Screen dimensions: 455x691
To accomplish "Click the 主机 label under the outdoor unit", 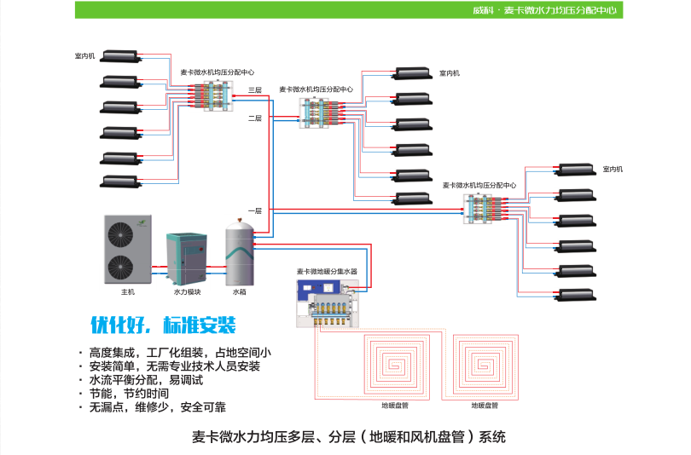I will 127,292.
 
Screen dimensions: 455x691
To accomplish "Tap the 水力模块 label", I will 187,292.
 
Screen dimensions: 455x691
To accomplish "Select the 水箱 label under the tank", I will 239,292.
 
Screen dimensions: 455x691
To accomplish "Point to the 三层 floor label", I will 255,89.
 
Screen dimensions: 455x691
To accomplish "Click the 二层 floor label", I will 255,118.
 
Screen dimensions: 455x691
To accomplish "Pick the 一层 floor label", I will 255,210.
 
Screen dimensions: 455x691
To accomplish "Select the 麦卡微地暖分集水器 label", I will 327,271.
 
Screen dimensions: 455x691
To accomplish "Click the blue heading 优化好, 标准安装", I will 163,326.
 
